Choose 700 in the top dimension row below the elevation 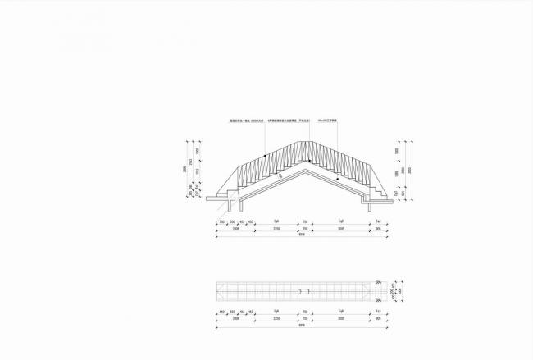pos(305,221)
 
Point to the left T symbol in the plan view pos(300,290)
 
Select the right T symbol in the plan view pos(310,290)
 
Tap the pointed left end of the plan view pos(217,289)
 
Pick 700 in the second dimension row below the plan pos(305,318)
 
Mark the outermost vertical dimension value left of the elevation pos(184,171)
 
